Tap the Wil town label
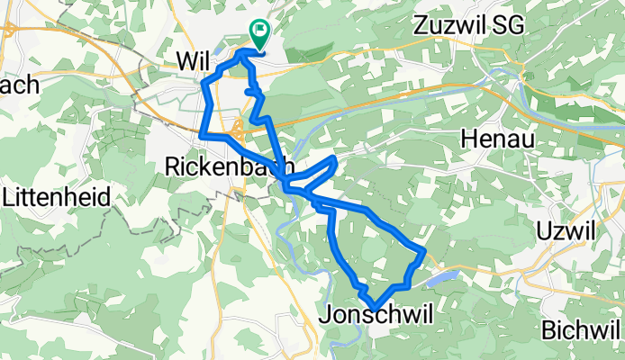tap(194, 60)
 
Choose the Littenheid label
tap(56, 196)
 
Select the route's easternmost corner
tap(423, 249)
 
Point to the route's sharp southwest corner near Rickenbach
tap(202, 135)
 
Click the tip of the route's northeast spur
tap(335, 159)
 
